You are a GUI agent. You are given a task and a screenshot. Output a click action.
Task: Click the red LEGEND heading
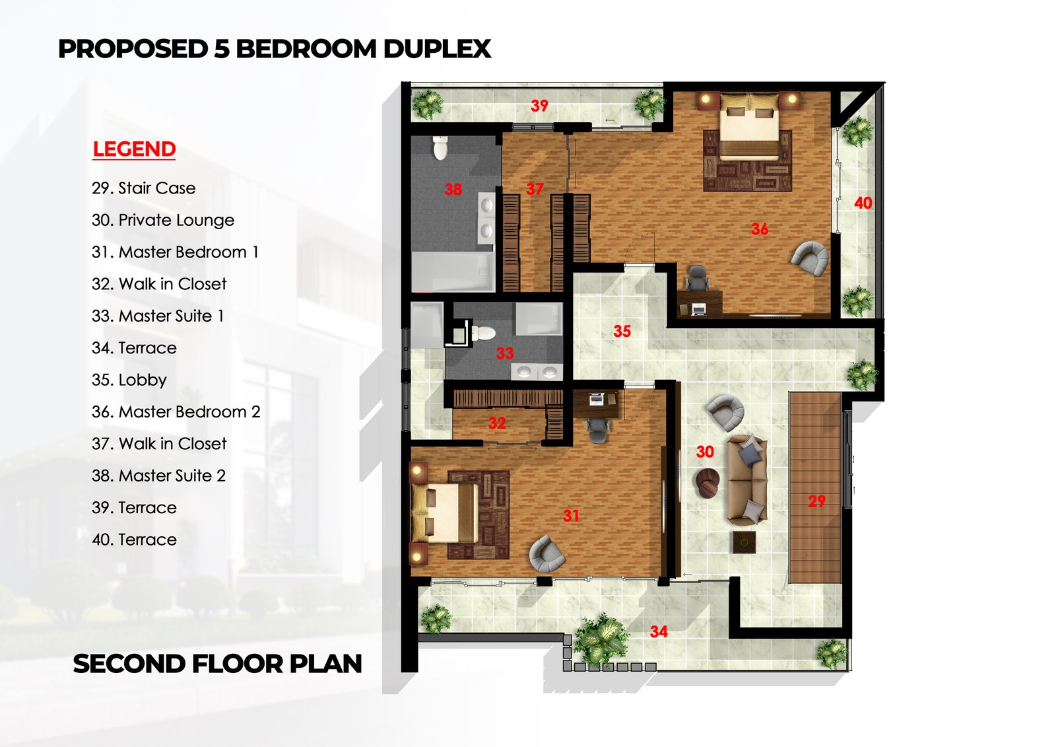(134, 149)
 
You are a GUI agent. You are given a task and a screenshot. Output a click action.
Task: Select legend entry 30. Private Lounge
(163, 220)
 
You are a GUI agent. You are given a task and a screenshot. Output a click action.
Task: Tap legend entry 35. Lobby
(129, 380)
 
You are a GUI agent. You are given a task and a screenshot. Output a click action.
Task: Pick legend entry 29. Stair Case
(144, 188)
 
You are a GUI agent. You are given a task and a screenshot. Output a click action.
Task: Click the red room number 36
(760, 229)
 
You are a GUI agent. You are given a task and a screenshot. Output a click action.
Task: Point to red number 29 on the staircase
(816, 501)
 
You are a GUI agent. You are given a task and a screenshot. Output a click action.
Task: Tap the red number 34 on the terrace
(659, 632)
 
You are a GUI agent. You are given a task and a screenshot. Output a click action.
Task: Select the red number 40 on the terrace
(863, 203)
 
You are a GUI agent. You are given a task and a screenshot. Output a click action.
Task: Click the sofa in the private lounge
(747, 480)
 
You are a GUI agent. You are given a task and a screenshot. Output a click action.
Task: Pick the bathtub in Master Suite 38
(453, 271)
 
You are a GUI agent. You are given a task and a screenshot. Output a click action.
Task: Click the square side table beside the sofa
(744, 542)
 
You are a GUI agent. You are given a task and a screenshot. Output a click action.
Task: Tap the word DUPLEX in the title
(437, 49)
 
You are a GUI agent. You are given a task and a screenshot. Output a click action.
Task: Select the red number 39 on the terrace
(539, 106)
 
